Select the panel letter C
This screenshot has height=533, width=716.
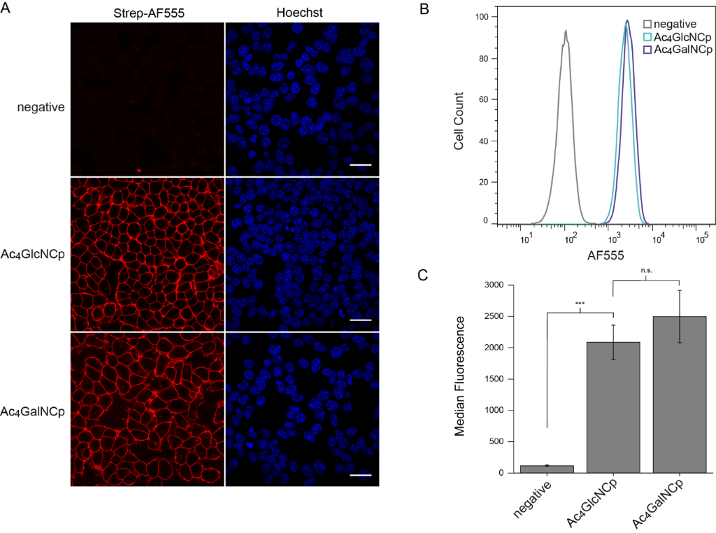pos(424,274)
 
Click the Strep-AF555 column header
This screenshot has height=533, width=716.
pos(148,11)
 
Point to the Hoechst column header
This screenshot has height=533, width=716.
pos(301,11)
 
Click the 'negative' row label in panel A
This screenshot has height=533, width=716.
pos(42,107)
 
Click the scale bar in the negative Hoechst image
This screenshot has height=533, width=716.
pos(359,165)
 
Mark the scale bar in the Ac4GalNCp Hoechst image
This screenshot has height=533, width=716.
pos(359,474)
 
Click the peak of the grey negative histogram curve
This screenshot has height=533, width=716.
pos(565,31)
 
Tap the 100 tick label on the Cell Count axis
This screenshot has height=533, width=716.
pos(482,16)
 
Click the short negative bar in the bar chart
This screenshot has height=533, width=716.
pos(547,469)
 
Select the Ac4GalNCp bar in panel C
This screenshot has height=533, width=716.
pos(680,395)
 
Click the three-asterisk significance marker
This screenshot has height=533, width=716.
pos(580,304)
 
